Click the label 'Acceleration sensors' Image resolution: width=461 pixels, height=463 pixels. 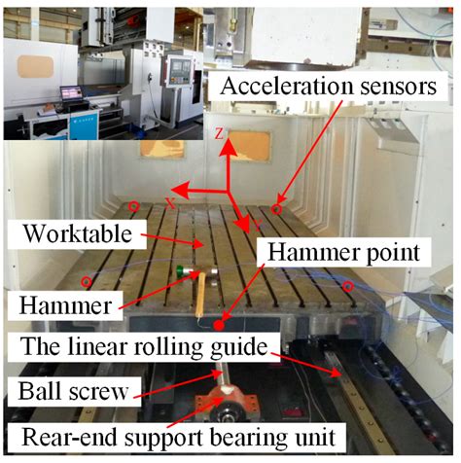pos(328,87)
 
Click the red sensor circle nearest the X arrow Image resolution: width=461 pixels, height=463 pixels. pos(133,205)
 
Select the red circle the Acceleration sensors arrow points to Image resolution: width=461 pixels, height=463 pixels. pos(276,208)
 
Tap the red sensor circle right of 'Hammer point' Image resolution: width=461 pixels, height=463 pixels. pos(347,285)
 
